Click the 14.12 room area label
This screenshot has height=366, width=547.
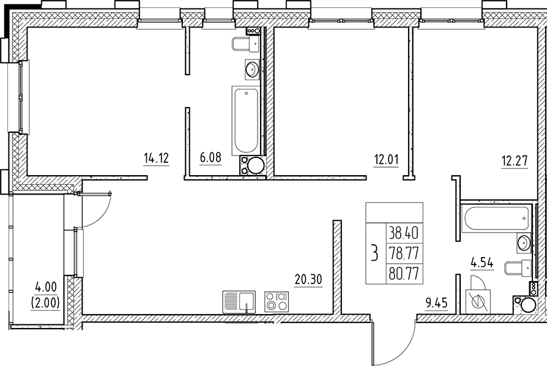(x=156, y=159)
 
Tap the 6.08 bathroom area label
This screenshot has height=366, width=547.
(x=210, y=158)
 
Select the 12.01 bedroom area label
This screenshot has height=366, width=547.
(x=386, y=160)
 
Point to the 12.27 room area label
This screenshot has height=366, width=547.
(x=515, y=162)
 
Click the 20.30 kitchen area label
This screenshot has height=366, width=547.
(x=308, y=280)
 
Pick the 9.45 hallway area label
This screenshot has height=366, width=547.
(x=436, y=303)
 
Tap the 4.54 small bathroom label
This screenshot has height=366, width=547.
(x=482, y=263)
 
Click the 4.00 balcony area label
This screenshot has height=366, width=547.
(x=46, y=288)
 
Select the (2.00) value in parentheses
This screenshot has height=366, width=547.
(x=46, y=302)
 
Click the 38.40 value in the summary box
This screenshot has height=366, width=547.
(x=404, y=233)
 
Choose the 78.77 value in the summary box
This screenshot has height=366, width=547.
(x=404, y=253)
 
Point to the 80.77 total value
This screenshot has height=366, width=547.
(x=404, y=273)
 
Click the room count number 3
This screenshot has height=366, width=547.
(x=375, y=253)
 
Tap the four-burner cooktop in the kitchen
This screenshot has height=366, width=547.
(x=277, y=302)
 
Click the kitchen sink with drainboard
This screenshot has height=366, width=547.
(x=239, y=302)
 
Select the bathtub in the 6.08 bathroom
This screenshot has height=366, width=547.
(x=246, y=121)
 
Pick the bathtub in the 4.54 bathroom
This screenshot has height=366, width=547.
(x=496, y=219)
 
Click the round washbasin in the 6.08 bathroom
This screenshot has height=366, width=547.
(x=252, y=69)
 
